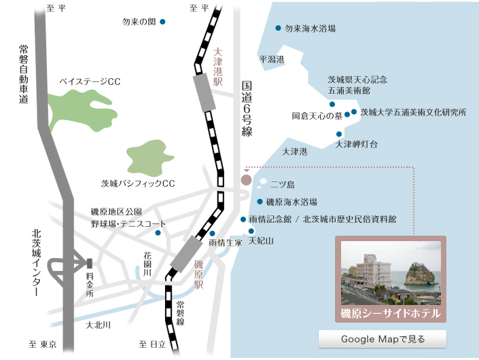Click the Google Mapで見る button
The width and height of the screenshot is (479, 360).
(383, 338)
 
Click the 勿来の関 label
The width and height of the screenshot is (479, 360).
(139, 22)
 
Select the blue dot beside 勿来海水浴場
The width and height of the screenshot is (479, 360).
(278, 29)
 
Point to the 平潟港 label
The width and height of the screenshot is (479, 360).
(271, 60)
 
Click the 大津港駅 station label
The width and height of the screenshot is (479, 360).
(218, 66)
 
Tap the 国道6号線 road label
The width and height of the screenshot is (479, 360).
(247, 109)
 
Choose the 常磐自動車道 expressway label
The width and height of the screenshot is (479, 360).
(24, 75)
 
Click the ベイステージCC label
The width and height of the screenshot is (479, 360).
(90, 82)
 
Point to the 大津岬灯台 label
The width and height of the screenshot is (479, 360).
(357, 145)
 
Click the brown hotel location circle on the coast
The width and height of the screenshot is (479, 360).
(246, 180)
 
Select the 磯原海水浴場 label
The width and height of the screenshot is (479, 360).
(291, 202)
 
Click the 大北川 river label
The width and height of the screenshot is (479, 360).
(99, 325)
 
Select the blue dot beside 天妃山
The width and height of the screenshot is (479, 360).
(251, 231)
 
